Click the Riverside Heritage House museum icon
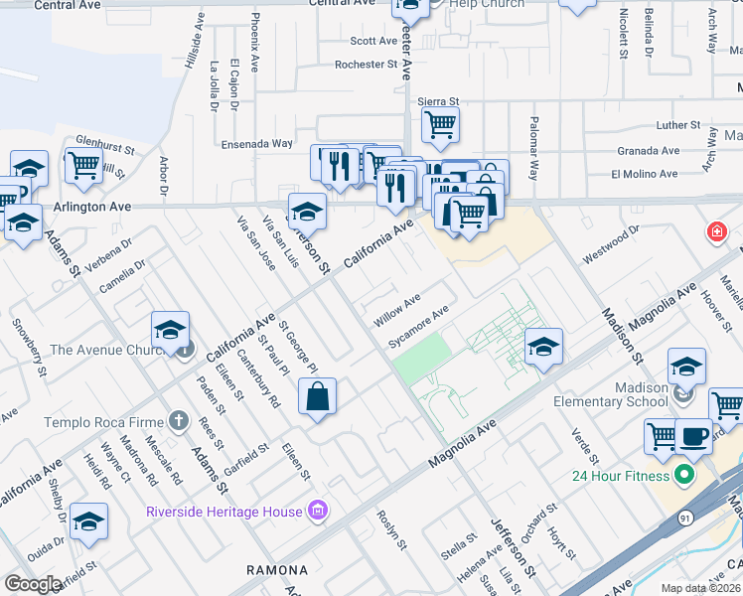[318, 512]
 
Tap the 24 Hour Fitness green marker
[682, 475]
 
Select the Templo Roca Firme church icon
[178, 422]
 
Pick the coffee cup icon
[693, 435]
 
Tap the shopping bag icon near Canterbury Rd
[317, 396]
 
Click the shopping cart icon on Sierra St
[439, 125]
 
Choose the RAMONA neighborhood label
[277, 571]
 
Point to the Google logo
[33, 584]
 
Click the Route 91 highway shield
[685, 518]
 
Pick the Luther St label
[678, 126]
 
